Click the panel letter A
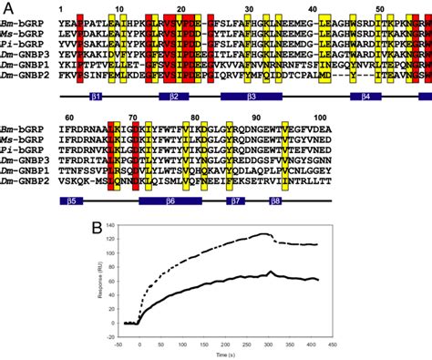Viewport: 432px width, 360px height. click(8, 7)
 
